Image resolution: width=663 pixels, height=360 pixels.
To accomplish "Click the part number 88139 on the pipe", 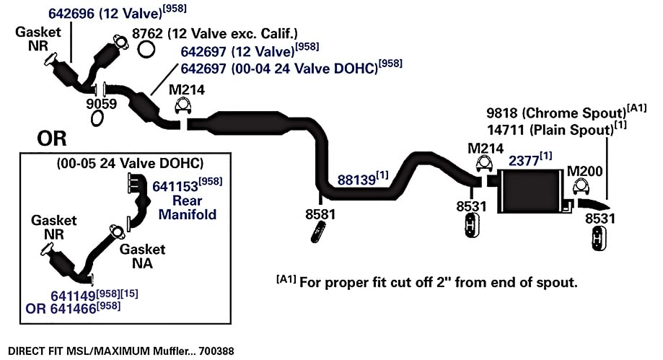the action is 356,180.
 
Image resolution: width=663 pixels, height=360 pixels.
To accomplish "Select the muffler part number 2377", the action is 524,161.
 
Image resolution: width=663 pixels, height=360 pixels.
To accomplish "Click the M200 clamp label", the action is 584,171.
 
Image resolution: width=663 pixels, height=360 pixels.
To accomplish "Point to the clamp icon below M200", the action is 581,187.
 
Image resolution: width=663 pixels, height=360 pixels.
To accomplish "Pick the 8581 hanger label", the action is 320,214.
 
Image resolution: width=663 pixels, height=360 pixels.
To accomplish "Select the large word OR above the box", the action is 52,139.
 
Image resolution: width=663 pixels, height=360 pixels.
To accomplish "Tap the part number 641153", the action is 175,187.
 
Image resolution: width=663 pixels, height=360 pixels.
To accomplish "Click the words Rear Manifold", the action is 188,207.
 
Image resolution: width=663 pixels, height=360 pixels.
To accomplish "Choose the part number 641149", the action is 73,296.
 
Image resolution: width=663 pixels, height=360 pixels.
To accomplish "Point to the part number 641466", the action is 73,309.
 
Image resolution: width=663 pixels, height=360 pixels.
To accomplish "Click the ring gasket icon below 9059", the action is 97,118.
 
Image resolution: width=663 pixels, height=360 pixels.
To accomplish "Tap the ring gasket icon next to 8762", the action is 146,50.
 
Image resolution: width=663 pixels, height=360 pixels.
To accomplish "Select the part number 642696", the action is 71,14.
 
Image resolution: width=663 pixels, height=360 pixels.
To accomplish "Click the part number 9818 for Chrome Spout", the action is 502,113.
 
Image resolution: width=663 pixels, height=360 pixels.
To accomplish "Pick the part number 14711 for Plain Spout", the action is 506,130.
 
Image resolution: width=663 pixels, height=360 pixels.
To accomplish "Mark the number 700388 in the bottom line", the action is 216,351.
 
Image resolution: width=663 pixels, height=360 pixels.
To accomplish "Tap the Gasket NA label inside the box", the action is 143,256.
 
